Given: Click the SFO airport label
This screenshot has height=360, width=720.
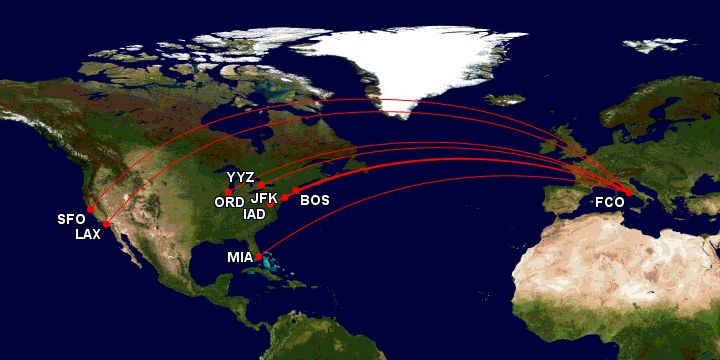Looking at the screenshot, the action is click(70, 220).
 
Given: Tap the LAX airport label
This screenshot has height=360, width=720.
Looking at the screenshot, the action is click(88, 235).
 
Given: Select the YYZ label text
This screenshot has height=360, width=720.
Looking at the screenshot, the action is click(241, 177).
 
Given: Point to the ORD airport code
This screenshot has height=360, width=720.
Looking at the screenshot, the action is click(229, 201).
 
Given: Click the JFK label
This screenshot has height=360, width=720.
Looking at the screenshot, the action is click(264, 198).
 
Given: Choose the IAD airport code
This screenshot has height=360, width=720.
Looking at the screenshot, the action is click(254, 214).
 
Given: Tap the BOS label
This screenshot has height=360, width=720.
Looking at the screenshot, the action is click(315, 200).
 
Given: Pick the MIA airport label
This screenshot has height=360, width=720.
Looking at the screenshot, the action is click(240, 257).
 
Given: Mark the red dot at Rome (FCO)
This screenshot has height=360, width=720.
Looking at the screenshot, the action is click(628, 192).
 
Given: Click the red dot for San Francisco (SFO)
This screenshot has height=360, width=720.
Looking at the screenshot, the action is click(90, 209).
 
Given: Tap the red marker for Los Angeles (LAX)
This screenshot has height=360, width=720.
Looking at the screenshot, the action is click(106, 224).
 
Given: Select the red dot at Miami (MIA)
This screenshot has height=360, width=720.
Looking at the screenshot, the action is click(259, 257).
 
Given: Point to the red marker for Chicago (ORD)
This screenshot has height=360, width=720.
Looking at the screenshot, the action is click(230, 191).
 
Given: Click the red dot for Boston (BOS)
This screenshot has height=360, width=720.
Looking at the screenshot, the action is click(295, 190).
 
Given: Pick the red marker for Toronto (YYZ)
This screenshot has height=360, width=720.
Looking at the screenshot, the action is click(259, 185).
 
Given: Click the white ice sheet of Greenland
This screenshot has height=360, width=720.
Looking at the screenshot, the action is click(400, 60).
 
